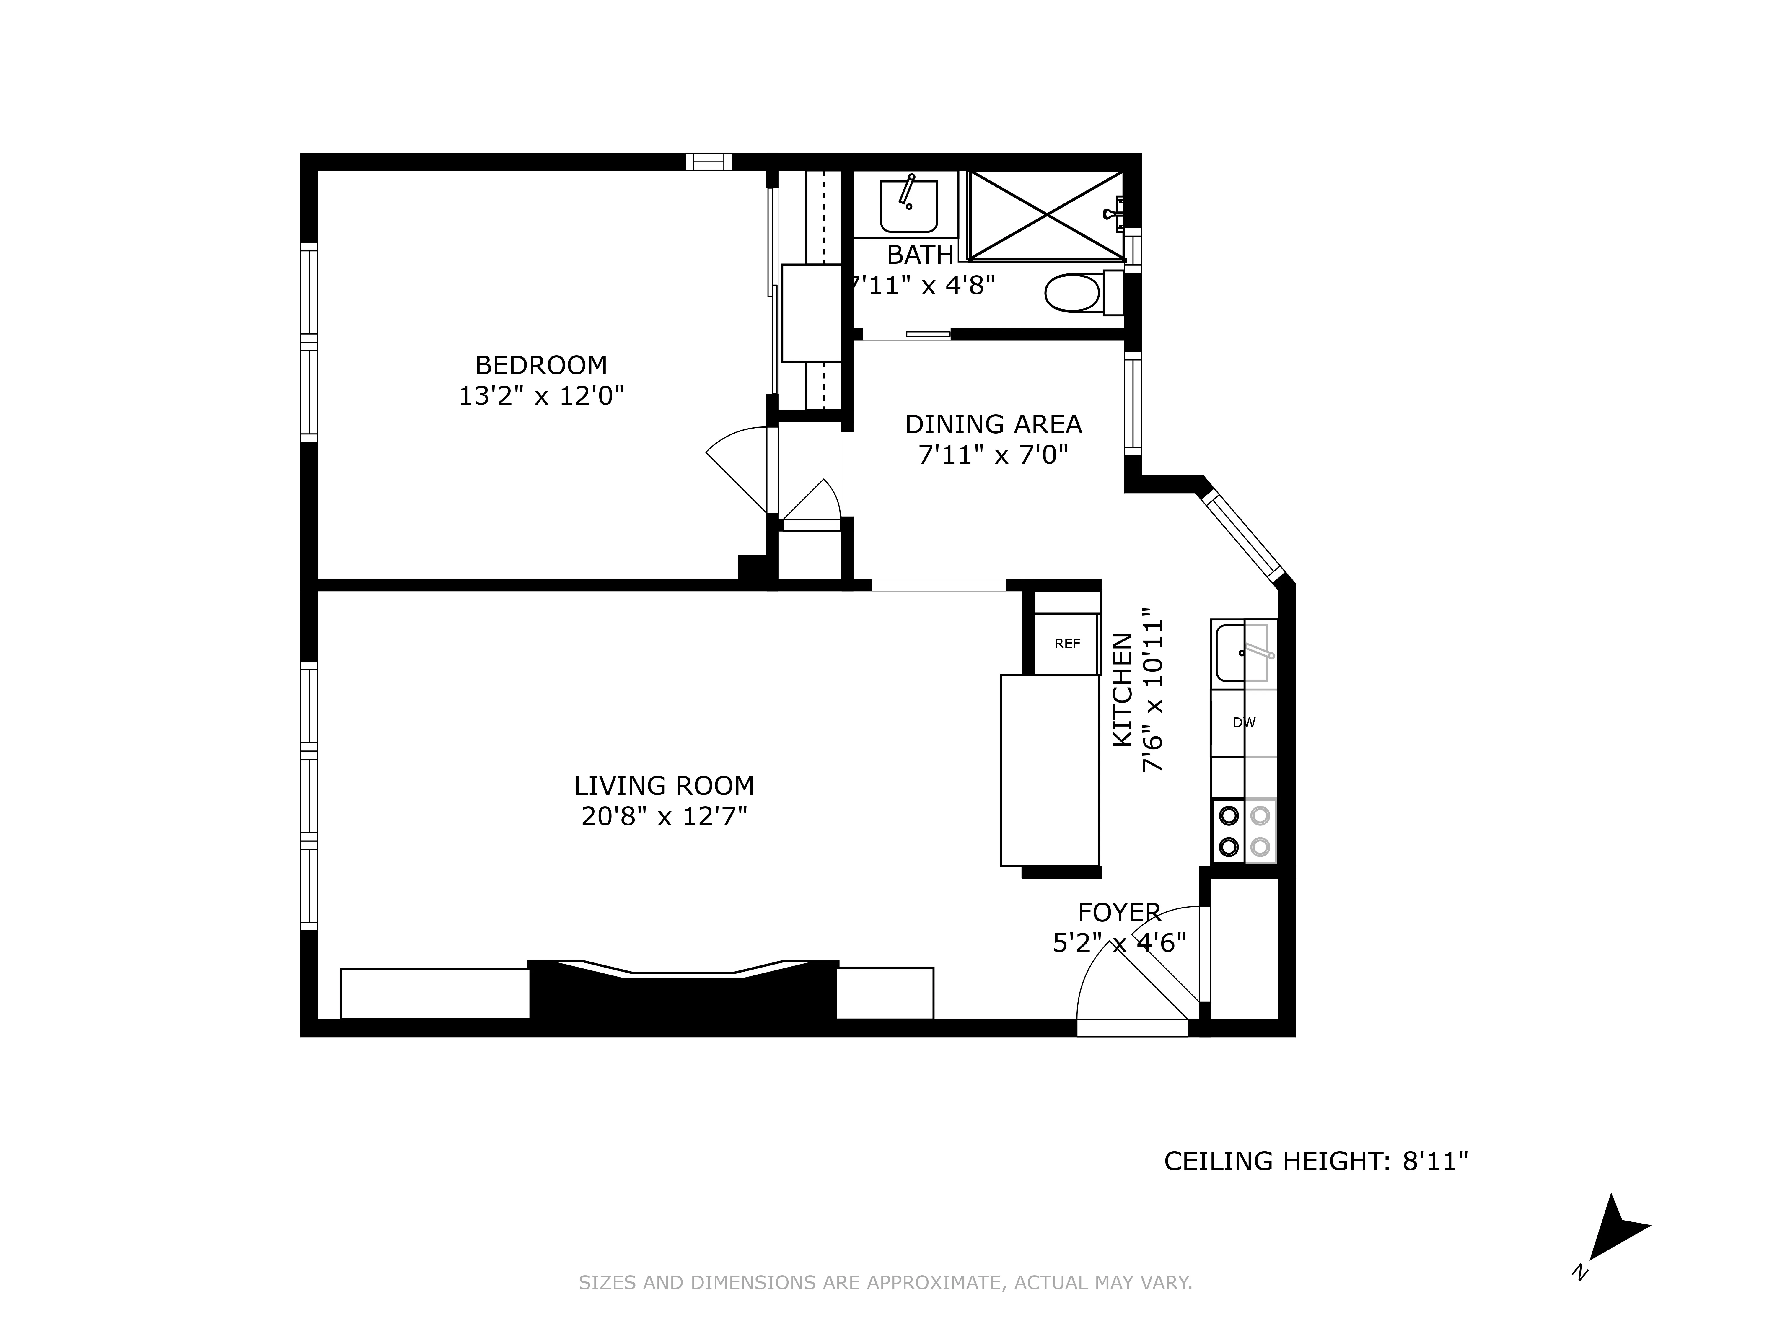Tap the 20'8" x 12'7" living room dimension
coord(664,816)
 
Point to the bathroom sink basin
coord(908,206)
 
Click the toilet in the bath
coord(1074,293)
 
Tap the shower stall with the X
coord(1046,215)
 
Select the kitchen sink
coord(1242,654)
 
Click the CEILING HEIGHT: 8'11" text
coord(1315,1161)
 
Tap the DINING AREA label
coord(993,424)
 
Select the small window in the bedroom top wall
coord(708,162)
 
